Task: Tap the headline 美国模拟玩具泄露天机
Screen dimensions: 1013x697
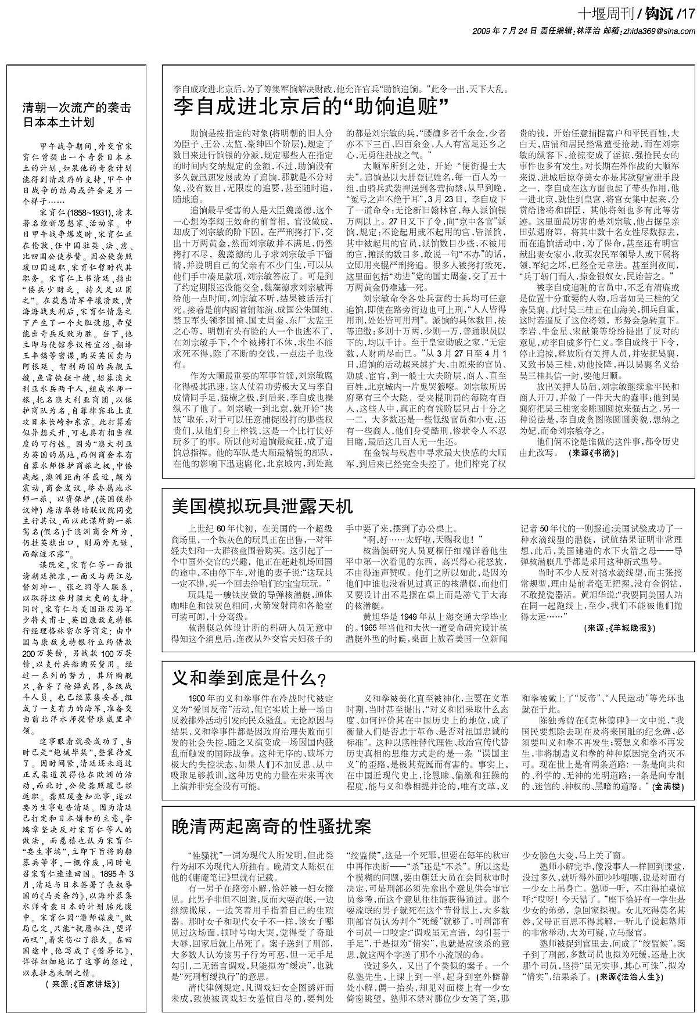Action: [263, 506]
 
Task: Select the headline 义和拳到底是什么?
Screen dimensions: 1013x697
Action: [250, 677]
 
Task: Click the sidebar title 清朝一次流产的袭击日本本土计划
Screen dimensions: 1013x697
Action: [77, 114]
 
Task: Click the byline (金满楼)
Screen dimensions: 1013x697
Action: [669, 786]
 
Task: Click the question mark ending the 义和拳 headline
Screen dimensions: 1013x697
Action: [322, 679]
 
